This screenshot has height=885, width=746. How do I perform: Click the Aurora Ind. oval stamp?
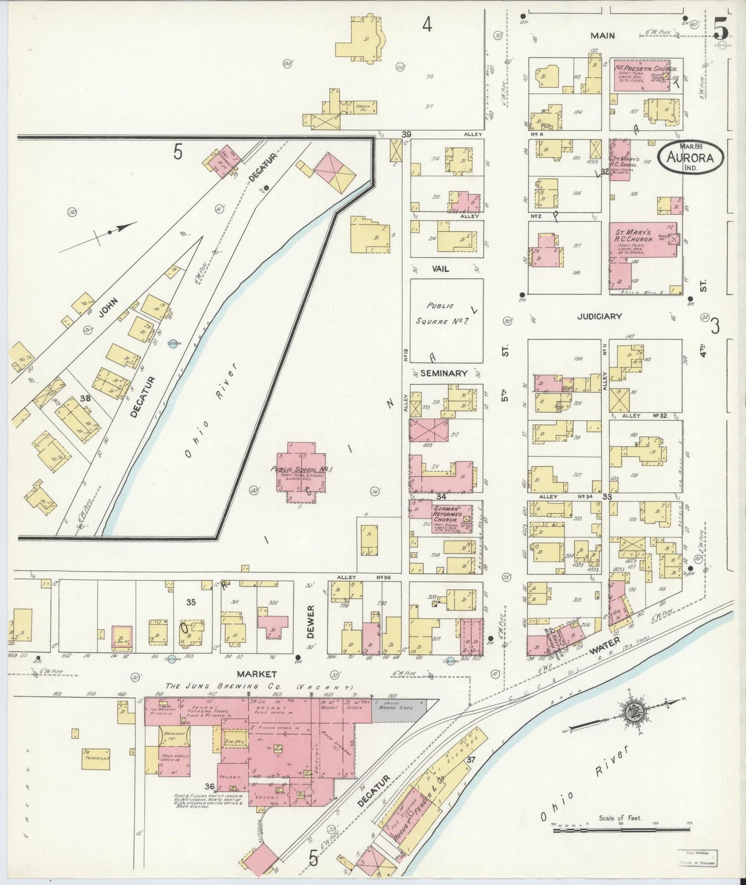pyautogui.click(x=690, y=154)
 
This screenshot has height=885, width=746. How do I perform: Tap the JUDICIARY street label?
pyautogui.click(x=599, y=316)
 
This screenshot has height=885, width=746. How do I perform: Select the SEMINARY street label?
pyautogui.click(x=443, y=373)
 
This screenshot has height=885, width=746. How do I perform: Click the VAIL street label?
pyautogui.click(x=440, y=268)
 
